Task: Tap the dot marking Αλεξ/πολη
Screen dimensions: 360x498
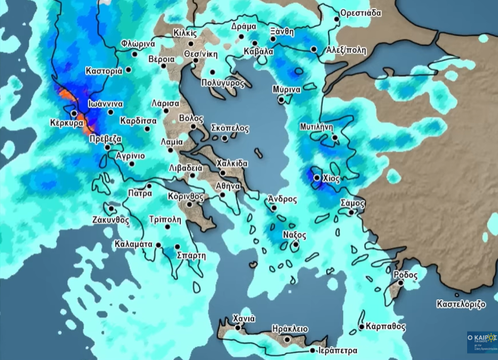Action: point(314,49)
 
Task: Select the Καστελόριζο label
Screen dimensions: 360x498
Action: point(461,304)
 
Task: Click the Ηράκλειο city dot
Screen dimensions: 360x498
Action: point(287,339)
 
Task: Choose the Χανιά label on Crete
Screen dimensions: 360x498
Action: point(244,318)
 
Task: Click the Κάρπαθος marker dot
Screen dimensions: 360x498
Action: point(361,327)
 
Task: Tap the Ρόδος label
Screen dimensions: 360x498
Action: point(405,275)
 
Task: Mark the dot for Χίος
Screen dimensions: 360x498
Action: point(317,178)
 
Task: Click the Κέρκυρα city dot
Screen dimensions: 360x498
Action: point(74,114)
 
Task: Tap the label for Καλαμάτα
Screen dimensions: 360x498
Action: point(134,244)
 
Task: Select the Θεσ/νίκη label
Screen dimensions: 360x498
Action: point(201,53)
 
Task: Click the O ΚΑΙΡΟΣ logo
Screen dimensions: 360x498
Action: point(482,342)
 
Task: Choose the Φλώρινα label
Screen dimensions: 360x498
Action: point(138,45)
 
